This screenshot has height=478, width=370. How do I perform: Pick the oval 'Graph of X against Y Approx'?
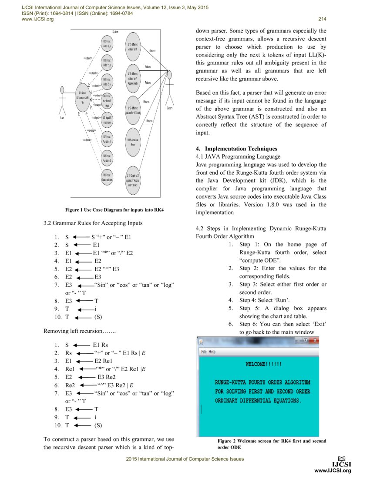133,179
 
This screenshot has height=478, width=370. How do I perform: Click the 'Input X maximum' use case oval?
107,120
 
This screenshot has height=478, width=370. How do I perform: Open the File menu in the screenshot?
204,352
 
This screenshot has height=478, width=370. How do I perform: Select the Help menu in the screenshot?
212,352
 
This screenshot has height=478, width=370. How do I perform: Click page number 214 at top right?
322,19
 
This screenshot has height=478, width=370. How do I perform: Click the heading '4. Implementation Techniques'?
236,149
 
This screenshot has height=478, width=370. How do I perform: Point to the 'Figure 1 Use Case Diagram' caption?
117,210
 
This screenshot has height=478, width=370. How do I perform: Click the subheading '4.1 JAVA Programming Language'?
238,156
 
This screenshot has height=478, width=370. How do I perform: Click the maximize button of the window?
305,340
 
